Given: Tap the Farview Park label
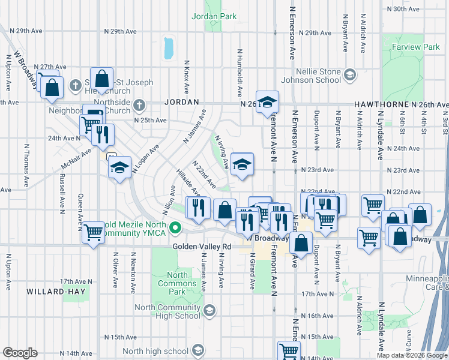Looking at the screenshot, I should [415, 47].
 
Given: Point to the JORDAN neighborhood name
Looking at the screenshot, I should [181, 103].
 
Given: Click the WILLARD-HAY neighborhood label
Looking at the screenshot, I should [56, 292].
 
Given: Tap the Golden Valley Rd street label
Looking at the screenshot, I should [202, 247].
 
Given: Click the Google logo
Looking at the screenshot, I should [20, 352].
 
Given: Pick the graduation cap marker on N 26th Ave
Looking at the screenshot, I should [268, 101].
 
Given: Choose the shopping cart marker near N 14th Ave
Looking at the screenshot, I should [289, 350].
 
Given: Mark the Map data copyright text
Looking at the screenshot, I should [411, 355].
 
